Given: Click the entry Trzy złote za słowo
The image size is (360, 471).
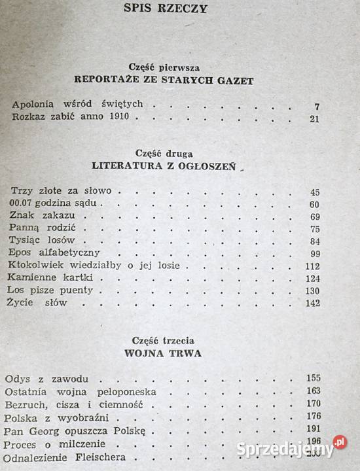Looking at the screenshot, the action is (x=62, y=191).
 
